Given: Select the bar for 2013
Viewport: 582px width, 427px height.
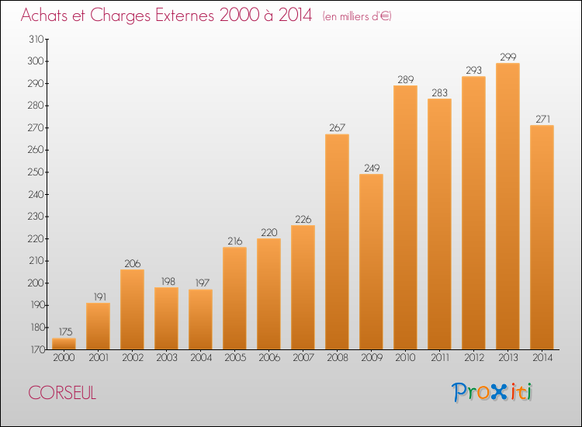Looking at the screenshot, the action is [508, 206].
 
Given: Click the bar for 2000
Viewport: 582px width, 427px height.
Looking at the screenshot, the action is [64, 343].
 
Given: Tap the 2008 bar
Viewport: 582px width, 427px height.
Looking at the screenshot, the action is [337, 241].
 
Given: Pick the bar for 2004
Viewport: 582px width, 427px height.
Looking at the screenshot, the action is [200, 319].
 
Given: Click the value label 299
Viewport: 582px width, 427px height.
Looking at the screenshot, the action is [508, 57].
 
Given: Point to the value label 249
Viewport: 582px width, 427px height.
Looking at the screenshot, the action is [372, 168].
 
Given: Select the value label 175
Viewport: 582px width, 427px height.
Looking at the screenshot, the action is [65, 332].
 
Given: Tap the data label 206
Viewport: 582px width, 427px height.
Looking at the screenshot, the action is [133, 263].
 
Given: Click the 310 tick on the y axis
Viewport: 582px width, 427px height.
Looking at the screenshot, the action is [36, 39].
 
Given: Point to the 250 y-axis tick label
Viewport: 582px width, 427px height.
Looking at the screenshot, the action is [36, 172].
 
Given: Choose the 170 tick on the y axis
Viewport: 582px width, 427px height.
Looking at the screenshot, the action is [36, 349].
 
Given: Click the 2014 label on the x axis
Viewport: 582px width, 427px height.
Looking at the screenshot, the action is [542, 358].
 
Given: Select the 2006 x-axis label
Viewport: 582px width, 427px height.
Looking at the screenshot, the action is [269, 358].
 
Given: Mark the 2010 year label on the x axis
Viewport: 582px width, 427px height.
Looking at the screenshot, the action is [405, 358].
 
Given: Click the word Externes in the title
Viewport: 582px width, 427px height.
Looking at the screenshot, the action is [185, 15].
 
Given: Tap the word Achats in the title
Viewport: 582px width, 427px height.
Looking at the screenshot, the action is [43, 15].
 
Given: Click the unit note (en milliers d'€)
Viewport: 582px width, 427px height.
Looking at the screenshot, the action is [357, 16].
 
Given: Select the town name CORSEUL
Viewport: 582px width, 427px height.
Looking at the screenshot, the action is [62, 393].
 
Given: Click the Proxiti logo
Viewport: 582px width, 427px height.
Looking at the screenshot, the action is [492, 392].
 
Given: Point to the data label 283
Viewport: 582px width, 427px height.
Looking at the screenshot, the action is [439, 92].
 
